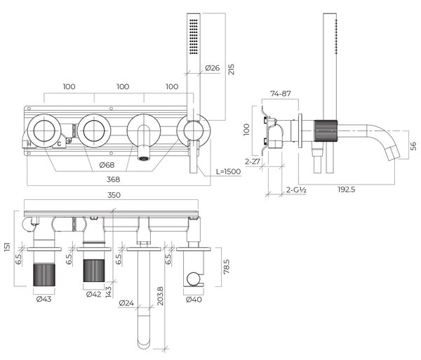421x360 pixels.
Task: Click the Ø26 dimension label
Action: pos(212,68)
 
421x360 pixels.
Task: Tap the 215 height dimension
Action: pos(231,69)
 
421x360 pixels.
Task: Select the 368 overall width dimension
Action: pos(113,180)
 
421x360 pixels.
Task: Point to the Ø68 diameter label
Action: pos(107,165)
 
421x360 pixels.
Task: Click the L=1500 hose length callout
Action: pos(229,171)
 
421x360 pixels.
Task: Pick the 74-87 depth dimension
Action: pos(281,94)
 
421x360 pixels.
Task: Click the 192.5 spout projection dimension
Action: pos(347,189)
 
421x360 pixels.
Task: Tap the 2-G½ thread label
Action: pos(296,190)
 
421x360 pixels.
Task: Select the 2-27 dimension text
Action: pos(253,161)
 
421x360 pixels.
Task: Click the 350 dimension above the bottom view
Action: pos(114,195)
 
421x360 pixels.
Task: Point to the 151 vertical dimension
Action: pos(7,247)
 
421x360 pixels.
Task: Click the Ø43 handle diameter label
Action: pos(44,299)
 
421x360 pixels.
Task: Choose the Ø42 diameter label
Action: pos(94,294)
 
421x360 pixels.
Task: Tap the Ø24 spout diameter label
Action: pos(126,303)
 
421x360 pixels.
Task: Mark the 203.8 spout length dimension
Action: pos(160,296)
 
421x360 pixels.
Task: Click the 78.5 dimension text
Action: pos(227,266)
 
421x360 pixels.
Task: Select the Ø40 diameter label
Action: pos(194,299)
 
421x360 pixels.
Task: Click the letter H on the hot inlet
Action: pos(29,144)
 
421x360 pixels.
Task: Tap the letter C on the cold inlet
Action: pos(59,144)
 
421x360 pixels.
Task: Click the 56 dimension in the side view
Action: pos(413,146)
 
